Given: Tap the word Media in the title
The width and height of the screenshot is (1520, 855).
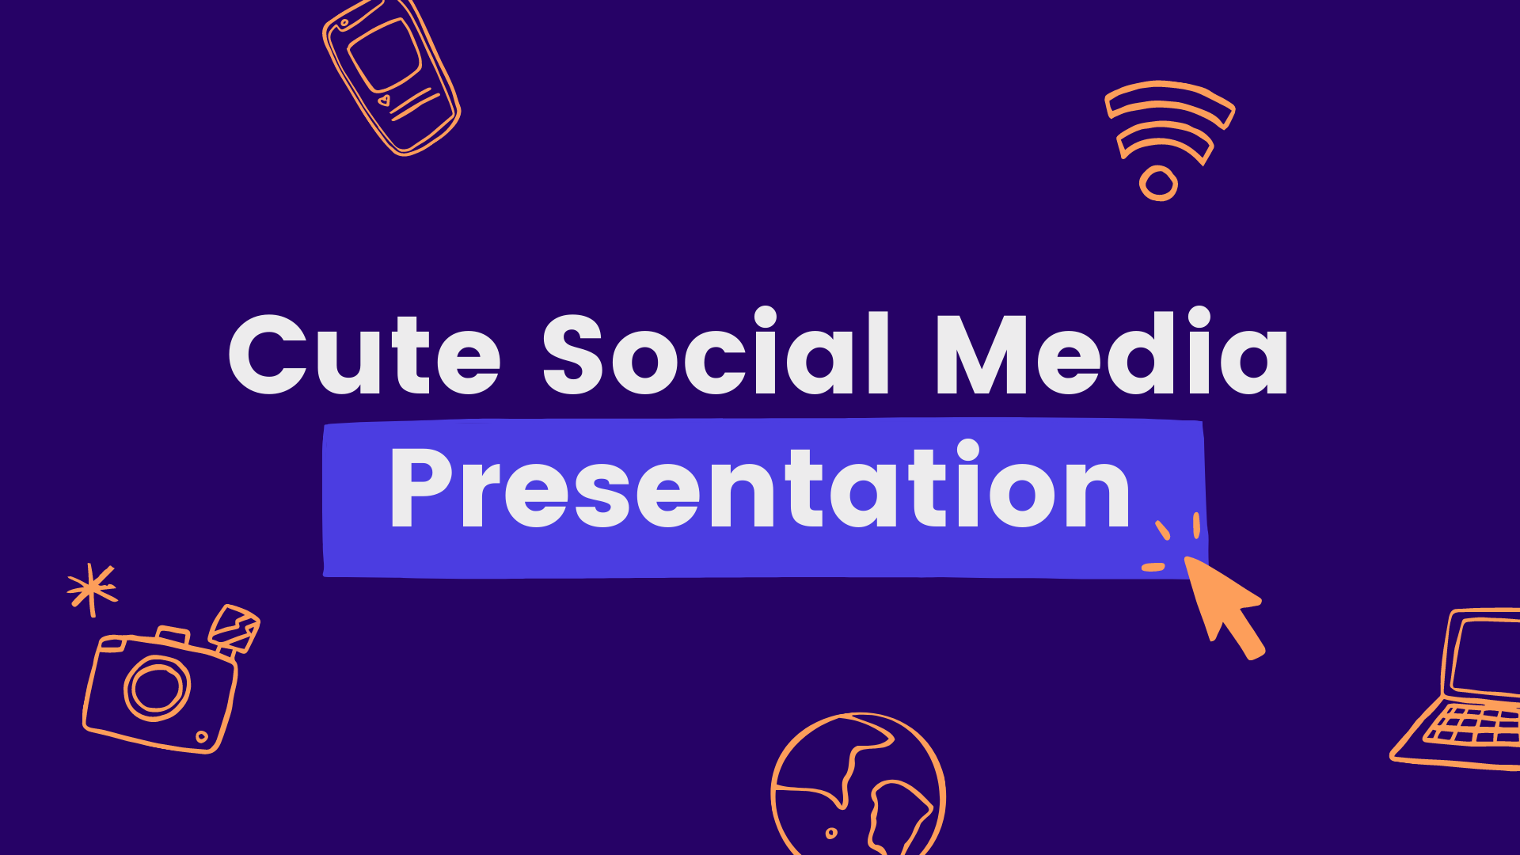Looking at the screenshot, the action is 1111,351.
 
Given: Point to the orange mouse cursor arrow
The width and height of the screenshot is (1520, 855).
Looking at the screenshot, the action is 1224,606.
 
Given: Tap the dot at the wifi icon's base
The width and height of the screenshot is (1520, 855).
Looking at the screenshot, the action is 1159,183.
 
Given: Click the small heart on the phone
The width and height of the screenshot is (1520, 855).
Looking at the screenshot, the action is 385,101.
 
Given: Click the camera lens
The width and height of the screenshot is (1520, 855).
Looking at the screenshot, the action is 158,688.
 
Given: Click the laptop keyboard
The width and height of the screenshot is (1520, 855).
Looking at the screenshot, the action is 1472,725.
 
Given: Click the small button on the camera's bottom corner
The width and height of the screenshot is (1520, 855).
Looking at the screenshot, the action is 202,737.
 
